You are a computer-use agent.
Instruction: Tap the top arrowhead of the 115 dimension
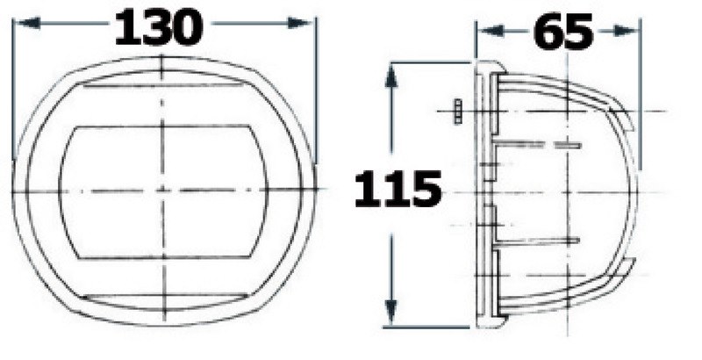coord(392,75)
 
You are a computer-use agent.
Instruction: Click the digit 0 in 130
coord(186,28)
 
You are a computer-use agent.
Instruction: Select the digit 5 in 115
coord(426,189)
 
